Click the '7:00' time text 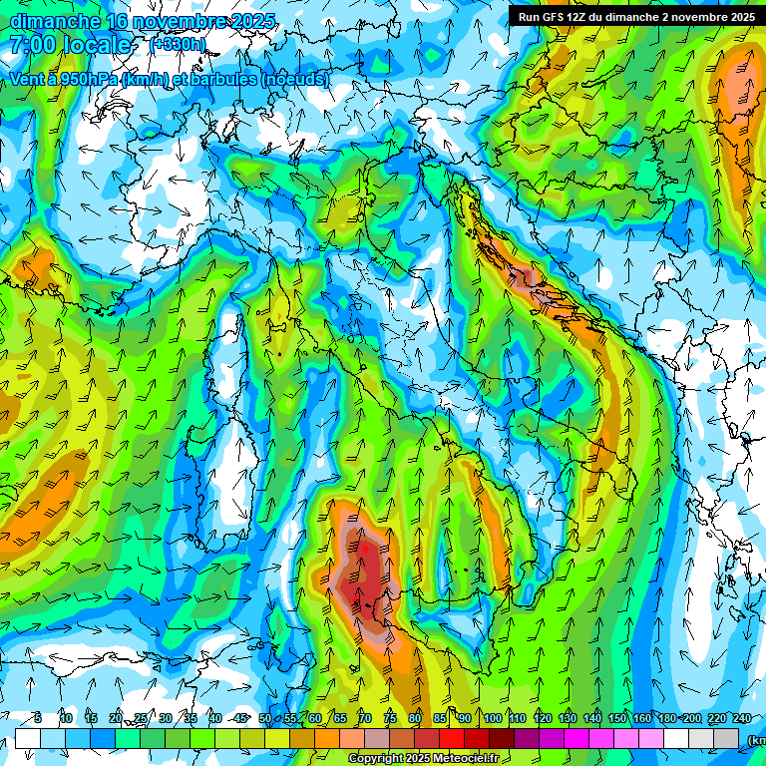tap(31, 45)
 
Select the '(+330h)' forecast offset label tap(179, 45)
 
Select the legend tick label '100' tap(493, 718)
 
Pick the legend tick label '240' tap(742, 718)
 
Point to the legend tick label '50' tap(265, 718)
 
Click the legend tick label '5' tap(38, 718)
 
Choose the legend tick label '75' tap(390, 718)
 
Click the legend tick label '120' tap(543, 718)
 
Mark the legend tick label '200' tap(692, 718)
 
